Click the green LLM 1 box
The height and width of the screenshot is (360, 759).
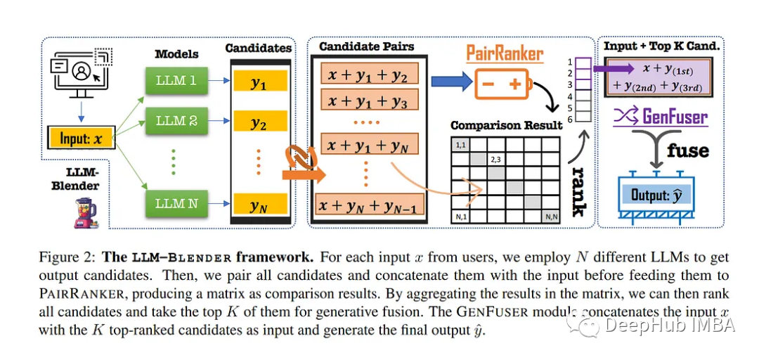176,80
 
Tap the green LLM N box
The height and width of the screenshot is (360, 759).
176,203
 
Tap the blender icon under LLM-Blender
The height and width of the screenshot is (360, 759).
85,214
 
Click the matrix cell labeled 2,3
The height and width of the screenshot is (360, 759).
495,159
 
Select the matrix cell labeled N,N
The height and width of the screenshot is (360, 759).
552,217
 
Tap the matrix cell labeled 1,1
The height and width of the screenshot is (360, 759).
460,145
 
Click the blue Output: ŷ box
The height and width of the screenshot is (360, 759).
656,195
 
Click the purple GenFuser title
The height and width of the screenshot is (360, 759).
661,117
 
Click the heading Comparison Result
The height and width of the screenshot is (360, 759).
506,125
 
